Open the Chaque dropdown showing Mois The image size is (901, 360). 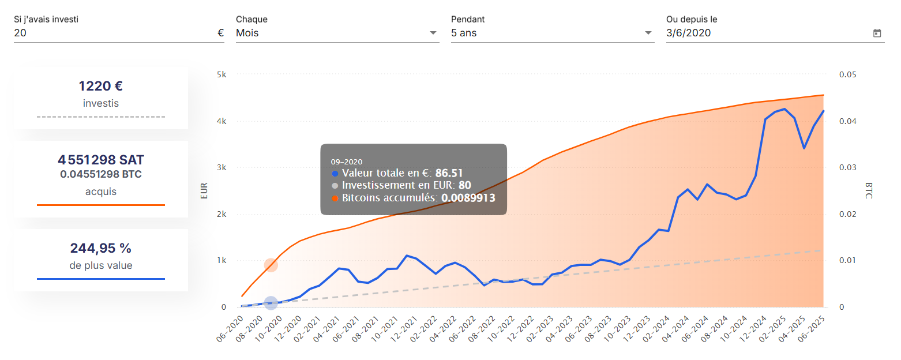(x=337, y=33)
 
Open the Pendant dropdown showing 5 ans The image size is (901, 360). (x=552, y=33)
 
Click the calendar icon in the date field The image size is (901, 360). (x=877, y=33)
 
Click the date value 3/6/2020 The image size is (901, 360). (x=688, y=33)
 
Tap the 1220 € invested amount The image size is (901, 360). (x=101, y=87)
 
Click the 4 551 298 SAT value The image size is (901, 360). (x=101, y=160)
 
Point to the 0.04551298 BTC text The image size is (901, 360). (x=101, y=174)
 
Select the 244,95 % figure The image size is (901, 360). (x=101, y=249)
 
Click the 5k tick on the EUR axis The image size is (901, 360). (x=222, y=75)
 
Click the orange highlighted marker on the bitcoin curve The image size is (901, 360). (x=271, y=265)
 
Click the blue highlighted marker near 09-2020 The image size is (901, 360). (x=271, y=303)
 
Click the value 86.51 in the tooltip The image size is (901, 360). (x=449, y=172)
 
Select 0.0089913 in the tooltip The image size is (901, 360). (x=468, y=198)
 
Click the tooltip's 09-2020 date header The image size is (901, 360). (x=347, y=162)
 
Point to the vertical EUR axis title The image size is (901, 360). (x=204, y=191)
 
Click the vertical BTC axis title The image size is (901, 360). (x=869, y=191)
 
